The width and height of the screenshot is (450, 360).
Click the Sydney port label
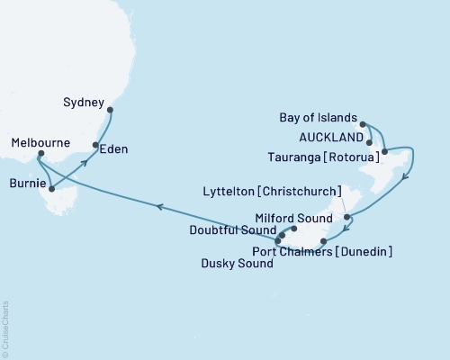point(85,102)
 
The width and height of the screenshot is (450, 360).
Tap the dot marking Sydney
point(111,111)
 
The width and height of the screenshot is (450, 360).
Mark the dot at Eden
point(95,145)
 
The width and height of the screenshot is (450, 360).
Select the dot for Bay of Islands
point(363,123)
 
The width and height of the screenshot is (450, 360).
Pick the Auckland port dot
point(370,141)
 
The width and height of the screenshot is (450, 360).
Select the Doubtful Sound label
point(229,231)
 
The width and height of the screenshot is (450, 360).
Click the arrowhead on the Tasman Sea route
point(158,207)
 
